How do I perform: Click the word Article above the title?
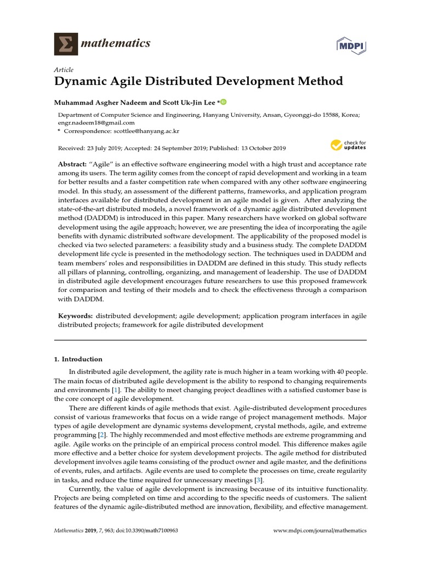(x=63, y=70)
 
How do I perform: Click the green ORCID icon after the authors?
(x=223, y=102)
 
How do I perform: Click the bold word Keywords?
(x=76, y=316)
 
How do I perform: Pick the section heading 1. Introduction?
(x=78, y=359)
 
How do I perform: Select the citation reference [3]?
(x=250, y=480)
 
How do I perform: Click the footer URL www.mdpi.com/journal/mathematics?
(x=320, y=531)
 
